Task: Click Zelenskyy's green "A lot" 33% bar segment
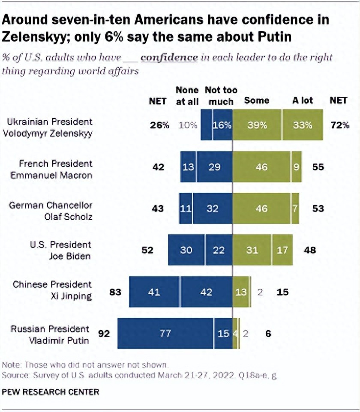(x=303, y=125)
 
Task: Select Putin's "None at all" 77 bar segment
(x=165, y=333)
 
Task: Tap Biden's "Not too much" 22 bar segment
(x=219, y=250)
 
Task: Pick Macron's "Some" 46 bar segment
(x=261, y=167)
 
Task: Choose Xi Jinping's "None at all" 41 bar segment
(x=154, y=292)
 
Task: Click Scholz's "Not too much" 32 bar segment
(x=212, y=208)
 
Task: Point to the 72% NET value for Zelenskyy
(x=340, y=125)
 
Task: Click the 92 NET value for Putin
(x=105, y=333)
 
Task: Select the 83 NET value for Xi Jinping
(x=116, y=292)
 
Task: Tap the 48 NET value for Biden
(x=309, y=250)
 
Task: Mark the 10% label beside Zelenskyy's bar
(x=188, y=125)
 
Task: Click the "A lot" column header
(x=303, y=101)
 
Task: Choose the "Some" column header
(x=256, y=101)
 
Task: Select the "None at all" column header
(x=187, y=96)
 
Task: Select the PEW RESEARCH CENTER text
(x=51, y=391)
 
